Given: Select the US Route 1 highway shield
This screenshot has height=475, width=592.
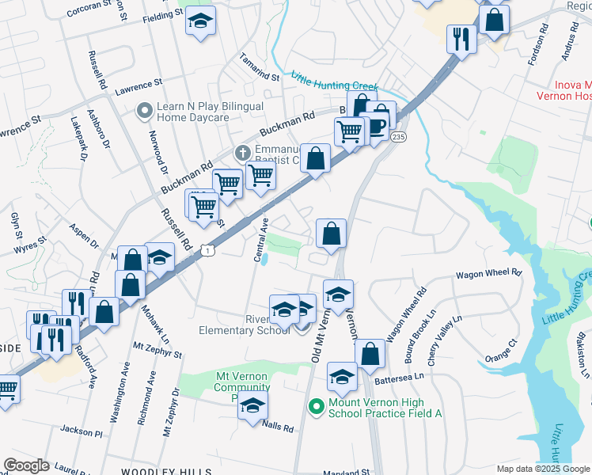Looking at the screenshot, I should (207, 249).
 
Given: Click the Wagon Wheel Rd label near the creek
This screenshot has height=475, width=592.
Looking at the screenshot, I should (488, 275).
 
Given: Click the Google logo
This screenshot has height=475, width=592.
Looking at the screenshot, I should (27, 465).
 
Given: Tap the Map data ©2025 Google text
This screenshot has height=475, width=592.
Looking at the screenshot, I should (542, 469).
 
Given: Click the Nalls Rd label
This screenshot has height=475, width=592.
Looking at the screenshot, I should (278, 427).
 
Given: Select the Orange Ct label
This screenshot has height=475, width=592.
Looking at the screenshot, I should (501, 351).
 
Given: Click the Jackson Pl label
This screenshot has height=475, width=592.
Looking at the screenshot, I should (81, 431).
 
